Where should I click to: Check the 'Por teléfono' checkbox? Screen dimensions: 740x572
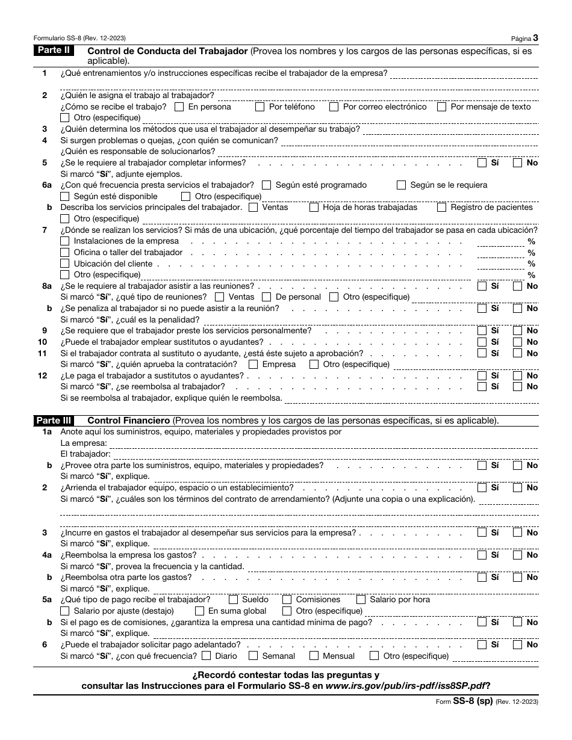[260, 107]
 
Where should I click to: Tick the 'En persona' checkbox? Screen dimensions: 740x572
[179, 107]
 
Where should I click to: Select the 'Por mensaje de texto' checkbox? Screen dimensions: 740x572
[441, 107]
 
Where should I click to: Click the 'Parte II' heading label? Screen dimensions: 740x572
[54, 51]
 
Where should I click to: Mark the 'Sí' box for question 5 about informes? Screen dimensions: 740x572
[482, 162]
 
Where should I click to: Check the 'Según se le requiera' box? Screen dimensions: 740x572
[401, 185]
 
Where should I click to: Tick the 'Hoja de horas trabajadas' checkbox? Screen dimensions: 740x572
[314, 208]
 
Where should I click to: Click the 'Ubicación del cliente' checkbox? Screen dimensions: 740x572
[65, 264]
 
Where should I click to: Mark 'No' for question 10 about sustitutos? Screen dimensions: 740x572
[517, 342]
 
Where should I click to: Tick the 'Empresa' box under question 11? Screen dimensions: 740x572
[253, 365]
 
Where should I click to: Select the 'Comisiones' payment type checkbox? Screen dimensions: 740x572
[287, 600]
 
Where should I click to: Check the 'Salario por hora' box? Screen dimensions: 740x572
[361, 600]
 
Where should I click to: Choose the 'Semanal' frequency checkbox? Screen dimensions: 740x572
[253, 656]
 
